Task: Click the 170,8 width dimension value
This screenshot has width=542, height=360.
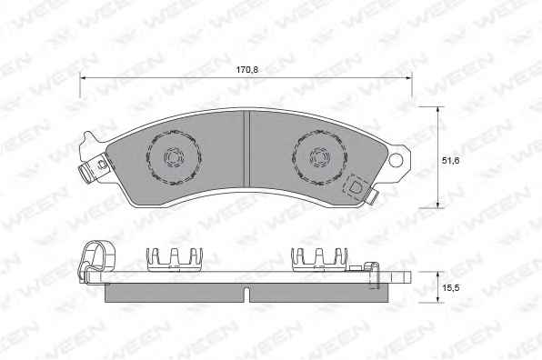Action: pos(246,70)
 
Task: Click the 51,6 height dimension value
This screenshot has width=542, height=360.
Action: pos(450,160)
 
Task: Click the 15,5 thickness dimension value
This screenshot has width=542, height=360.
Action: pos(451,287)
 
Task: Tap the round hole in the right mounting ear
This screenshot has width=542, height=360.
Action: pos(396,160)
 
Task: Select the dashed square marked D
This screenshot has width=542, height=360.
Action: pos(355,187)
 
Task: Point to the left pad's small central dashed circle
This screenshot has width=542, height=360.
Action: pos(173,157)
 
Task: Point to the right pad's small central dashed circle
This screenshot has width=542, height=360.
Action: pos(318,156)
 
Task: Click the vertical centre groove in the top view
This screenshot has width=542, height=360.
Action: pos(246,149)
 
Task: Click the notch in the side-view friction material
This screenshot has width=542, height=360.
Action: pos(246,294)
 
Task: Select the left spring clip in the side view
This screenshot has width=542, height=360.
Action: pos(175,258)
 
